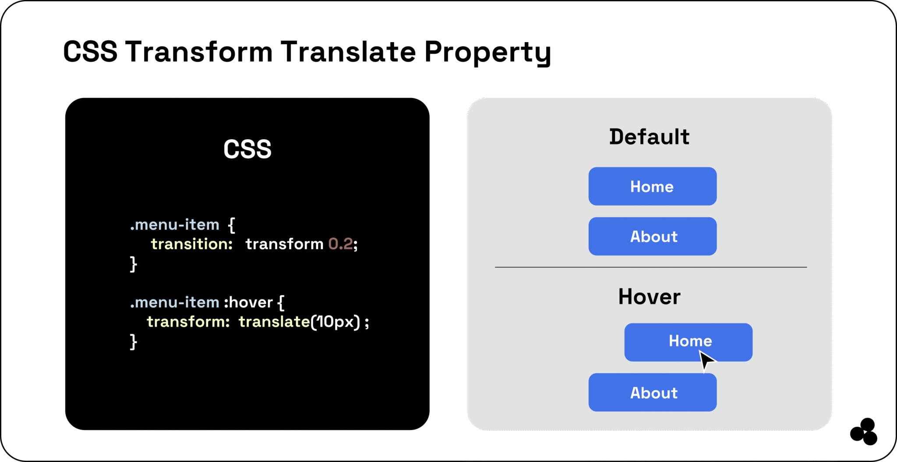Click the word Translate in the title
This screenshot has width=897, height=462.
pos(348,52)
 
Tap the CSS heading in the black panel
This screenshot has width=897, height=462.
pos(247,149)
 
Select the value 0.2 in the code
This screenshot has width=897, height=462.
pos(340,244)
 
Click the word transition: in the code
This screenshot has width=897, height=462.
pos(192,244)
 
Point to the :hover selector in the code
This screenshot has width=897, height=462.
pos(248,302)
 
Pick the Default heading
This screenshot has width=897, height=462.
pos(649,137)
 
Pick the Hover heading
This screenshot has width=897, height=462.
pos(649,296)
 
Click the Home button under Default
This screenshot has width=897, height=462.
pos(652,186)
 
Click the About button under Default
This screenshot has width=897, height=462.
pos(652,236)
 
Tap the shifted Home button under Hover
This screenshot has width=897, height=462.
pos(675,342)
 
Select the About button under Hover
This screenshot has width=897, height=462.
pos(652,392)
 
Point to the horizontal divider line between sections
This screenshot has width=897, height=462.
pos(651,267)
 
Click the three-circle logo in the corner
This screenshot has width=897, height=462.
pos(864,432)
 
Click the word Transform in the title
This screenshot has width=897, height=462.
pos(199,52)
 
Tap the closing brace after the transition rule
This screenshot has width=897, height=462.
pos(133,264)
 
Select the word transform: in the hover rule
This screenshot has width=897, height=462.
pos(188,322)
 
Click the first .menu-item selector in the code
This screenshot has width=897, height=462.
pos(175,225)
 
